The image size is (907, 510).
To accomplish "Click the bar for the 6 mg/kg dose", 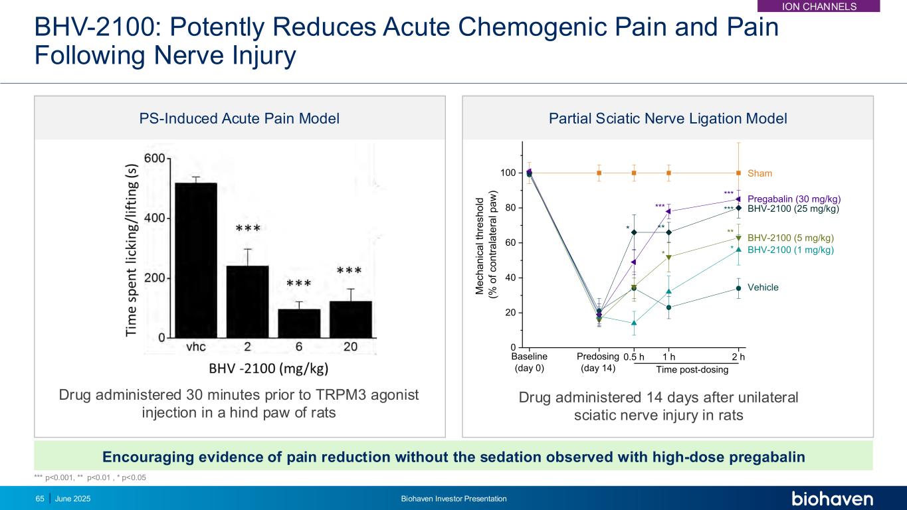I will pos(299,323).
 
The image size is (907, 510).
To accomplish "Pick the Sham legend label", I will pos(759,173).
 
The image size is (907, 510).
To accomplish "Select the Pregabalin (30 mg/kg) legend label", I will pos(794,199).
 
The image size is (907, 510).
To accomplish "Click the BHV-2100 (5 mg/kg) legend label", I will pos(790,238).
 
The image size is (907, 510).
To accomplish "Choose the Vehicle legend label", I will pos(763,288).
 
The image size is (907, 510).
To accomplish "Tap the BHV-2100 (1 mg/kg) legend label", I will pos(790,250).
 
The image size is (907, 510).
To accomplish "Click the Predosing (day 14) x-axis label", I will pos(598,362).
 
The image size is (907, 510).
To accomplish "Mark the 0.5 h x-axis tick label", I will pos(634,357).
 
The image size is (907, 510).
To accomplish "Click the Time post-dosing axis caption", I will pos(692,370).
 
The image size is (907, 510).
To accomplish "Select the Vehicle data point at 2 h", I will pos(738,288).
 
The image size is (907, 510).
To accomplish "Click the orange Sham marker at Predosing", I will pos(599,173).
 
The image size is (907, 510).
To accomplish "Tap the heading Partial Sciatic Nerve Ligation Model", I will pos(668,119).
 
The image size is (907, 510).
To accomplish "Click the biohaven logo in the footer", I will pos(832,499).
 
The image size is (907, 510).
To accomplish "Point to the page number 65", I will pos(39,499).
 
